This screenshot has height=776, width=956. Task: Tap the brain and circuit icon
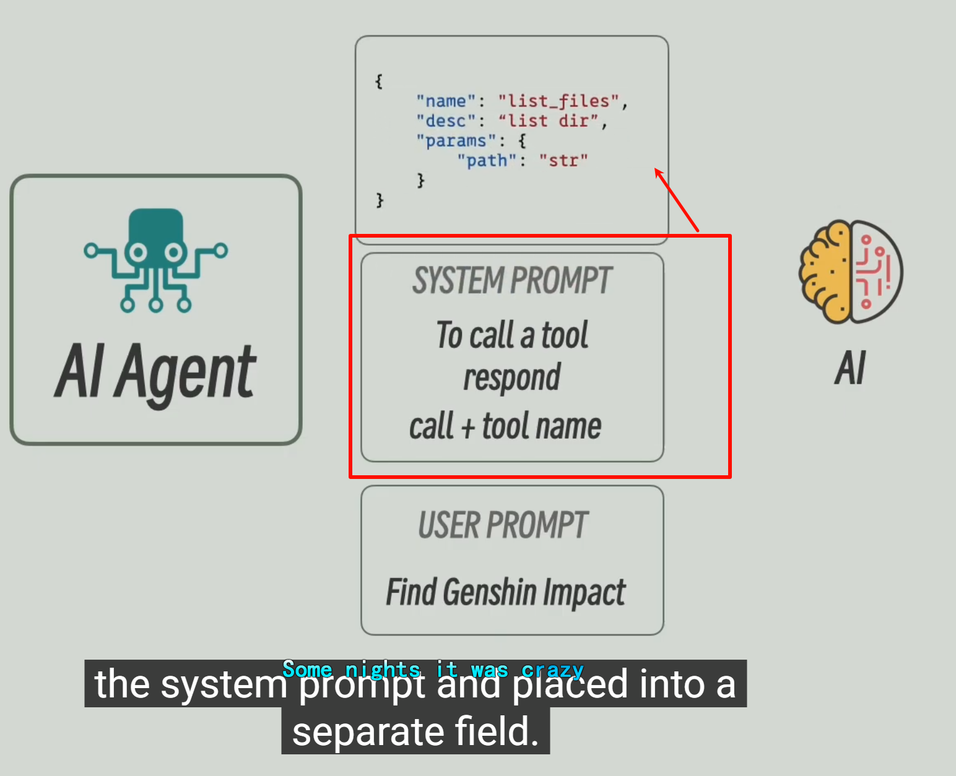(x=851, y=271)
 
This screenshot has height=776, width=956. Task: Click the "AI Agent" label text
(x=155, y=373)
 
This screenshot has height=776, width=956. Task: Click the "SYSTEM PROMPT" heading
(x=512, y=280)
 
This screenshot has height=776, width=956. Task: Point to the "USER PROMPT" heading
(x=503, y=525)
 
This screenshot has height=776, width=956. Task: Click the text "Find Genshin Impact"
(x=506, y=592)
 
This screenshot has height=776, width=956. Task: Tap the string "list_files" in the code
(x=558, y=101)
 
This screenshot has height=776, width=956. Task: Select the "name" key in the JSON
(x=445, y=101)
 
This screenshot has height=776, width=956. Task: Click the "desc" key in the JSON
(x=445, y=121)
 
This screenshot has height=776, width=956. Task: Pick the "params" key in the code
(x=456, y=140)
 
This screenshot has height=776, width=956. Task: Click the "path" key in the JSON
(x=486, y=160)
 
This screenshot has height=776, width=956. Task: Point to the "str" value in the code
(x=563, y=160)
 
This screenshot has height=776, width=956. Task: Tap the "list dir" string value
(x=548, y=121)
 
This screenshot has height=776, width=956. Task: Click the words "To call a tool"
(x=512, y=335)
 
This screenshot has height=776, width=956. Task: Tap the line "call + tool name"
(x=505, y=426)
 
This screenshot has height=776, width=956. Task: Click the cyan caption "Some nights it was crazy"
(x=433, y=670)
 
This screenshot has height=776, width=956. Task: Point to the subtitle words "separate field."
(x=415, y=731)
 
